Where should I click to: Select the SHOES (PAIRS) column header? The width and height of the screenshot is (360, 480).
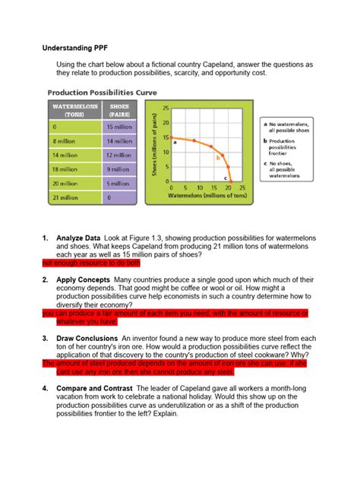119,110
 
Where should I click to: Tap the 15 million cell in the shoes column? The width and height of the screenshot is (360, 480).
119,127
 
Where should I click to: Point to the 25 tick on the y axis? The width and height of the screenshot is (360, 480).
166,108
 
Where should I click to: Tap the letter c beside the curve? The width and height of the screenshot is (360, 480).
226,177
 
